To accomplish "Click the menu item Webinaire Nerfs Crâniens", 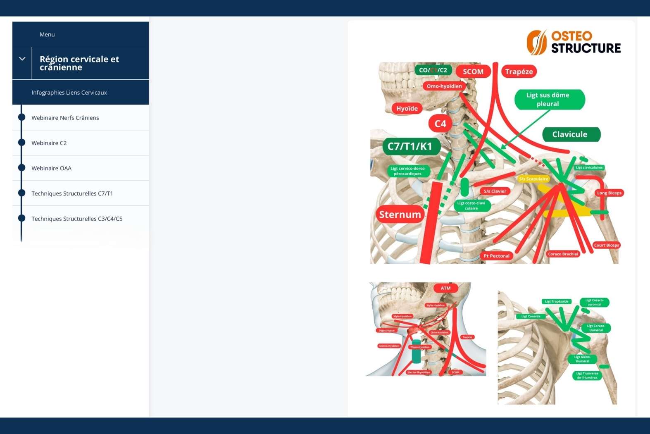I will (x=65, y=118).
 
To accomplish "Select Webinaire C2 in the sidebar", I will (x=49, y=143).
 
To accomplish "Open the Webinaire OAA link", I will (x=52, y=168).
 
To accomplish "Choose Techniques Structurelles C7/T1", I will (x=72, y=193).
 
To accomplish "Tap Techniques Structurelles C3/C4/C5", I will (x=77, y=219).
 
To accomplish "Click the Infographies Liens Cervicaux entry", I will (x=69, y=93).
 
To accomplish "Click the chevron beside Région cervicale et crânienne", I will (x=22, y=59).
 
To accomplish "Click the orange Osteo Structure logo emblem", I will (x=537, y=42).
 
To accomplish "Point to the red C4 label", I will (x=440, y=124).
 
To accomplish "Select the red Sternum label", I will (x=400, y=215).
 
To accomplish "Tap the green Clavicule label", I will (x=570, y=134).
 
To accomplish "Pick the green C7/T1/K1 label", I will (x=410, y=146).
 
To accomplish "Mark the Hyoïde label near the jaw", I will (x=407, y=109).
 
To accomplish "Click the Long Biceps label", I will (x=609, y=193).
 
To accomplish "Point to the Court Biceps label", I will (x=607, y=245).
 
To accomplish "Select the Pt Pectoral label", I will (x=497, y=256).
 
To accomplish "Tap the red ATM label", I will (x=445, y=288).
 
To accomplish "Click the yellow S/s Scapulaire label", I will (x=534, y=179).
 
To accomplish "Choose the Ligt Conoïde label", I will (x=531, y=316).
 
